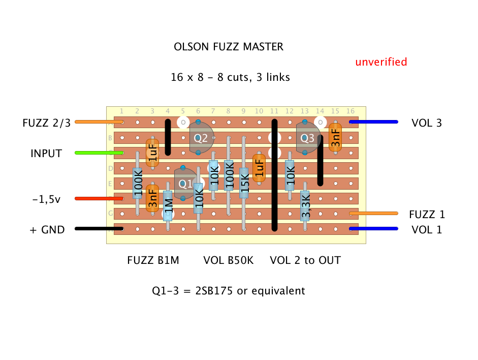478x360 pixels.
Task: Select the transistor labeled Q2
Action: point(201,138)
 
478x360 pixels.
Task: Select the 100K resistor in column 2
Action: point(137,183)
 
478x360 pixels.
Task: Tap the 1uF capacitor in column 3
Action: point(152,153)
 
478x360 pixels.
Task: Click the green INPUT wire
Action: point(99,153)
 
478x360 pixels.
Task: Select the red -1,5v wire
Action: point(99,198)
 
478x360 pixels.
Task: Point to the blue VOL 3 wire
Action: point(373,122)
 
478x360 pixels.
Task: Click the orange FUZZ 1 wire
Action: point(373,214)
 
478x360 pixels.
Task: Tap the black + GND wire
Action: point(99,229)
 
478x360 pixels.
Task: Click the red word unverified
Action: point(381,62)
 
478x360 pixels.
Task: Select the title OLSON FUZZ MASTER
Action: point(229,47)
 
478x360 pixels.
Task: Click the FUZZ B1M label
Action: point(152,260)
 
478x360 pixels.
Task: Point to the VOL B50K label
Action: point(228,260)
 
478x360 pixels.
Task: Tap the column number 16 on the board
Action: point(350,111)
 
